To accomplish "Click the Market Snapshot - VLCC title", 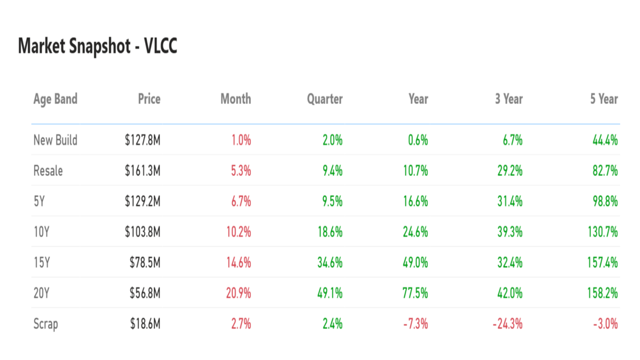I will (98, 47).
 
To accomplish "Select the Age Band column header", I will (55, 99).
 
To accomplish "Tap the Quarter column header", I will (325, 99).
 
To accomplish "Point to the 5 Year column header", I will (604, 99).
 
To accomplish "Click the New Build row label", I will (55, 140).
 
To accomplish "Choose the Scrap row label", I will (46, 324).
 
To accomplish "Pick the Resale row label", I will (48, 171).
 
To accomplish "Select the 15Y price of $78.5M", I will (145, 262).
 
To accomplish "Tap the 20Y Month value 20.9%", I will (238, 293).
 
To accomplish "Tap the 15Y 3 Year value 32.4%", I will (509, 262).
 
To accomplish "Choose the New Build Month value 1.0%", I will (241, 140).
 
